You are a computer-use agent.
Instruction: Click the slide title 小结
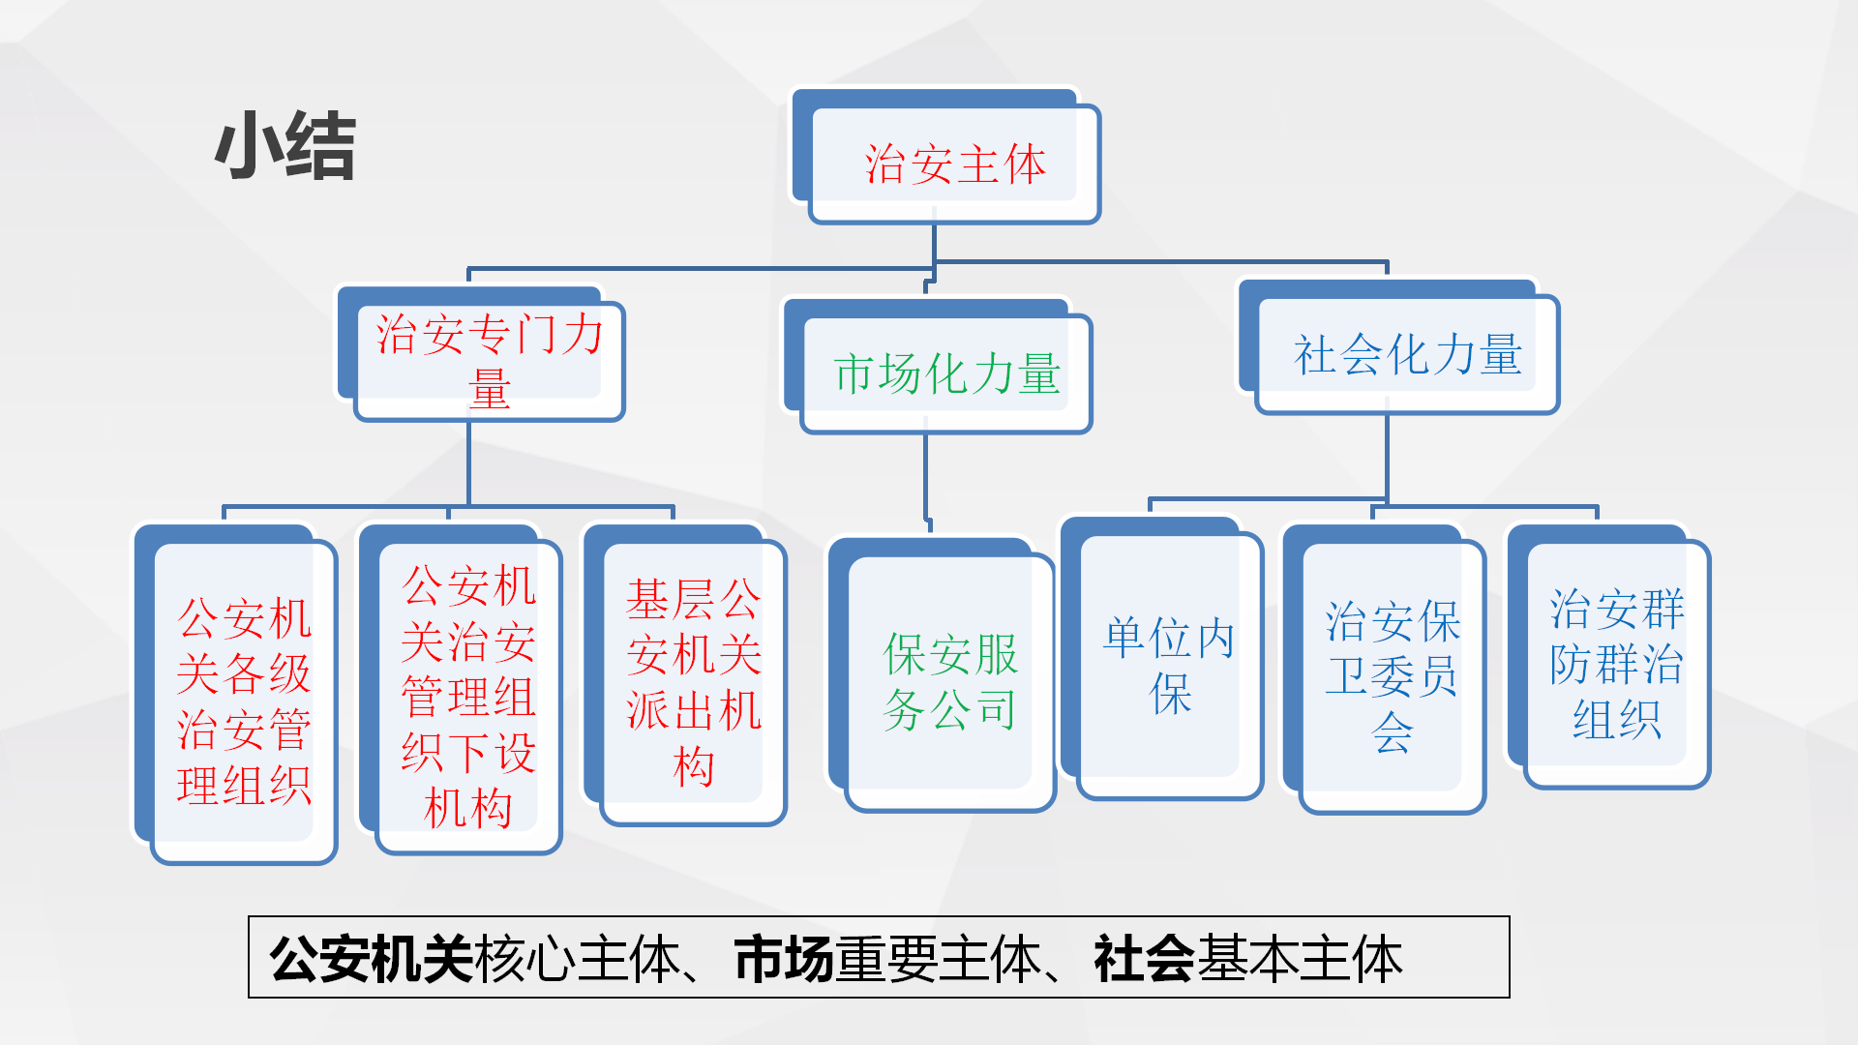tap(285, 146)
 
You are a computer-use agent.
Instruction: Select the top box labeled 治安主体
tap(954, 164)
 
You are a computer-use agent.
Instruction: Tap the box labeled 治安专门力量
tap(489, 360)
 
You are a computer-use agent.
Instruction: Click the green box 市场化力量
tap(946, 373)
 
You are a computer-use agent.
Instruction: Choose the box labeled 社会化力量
tap(1407, 354)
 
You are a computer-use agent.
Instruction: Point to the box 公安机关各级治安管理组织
tap(244, 701)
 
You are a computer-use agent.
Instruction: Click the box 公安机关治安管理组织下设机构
tap(468, 697)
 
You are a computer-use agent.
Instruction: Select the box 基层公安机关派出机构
tap(693, 682)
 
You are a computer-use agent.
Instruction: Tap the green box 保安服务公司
tap(949, 682)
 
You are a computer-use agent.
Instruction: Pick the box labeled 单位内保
tap(1170, 666)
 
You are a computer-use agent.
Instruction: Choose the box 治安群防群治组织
tap(1616, 664)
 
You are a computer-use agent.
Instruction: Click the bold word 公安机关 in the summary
tap(371, 959)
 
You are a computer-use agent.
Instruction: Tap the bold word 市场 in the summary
tap(784, 959)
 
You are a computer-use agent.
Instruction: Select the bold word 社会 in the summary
tap(1144, 959)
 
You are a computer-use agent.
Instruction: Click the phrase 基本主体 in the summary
tap(1299, 959)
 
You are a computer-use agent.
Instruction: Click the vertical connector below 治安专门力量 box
tap(468, 463)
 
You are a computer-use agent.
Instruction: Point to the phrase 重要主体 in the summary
tap(937, 959)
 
